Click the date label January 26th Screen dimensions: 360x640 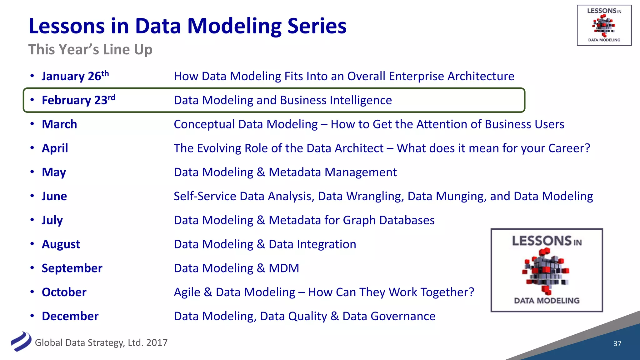(75, 76)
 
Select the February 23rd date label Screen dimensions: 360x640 (78, 100)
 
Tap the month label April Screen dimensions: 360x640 (55, 148)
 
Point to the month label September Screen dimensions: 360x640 (72, 268)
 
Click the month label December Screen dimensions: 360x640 (70, 316)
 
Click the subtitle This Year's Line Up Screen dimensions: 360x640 (90, 50)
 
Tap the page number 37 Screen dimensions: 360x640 (617, 343)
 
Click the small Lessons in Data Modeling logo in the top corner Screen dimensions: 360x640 (604, 25)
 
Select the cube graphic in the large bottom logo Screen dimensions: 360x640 (546, 271)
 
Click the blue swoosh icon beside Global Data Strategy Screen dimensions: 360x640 (21, 342)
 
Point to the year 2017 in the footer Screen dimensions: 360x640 (157, 343)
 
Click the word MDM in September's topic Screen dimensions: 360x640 (284, 268)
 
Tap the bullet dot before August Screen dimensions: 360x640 (32, 244)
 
